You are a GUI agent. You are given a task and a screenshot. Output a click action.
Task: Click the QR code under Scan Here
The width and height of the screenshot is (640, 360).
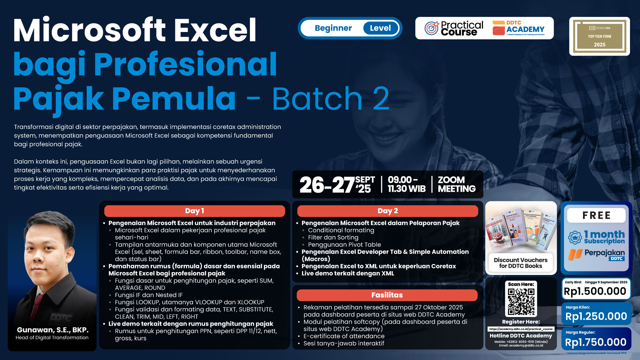[521, 302]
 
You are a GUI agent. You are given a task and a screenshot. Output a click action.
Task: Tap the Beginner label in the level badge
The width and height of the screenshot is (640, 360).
[333, 28]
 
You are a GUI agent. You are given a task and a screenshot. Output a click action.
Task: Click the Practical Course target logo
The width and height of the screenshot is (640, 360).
[432, 28]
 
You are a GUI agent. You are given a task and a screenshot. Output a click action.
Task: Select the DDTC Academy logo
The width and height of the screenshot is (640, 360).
[518, 28]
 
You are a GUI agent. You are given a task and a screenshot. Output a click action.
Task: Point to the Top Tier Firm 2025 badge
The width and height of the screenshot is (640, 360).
[599, 36]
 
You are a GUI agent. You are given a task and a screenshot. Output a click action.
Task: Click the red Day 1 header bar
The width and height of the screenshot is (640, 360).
[194, 211]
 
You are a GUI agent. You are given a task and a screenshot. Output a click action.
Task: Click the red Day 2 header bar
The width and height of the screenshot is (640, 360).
[387, 211]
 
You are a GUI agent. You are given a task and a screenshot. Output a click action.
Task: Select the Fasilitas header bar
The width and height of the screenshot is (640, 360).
[387, 295]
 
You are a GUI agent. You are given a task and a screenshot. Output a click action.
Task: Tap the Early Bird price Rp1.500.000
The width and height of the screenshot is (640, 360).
[595, 291]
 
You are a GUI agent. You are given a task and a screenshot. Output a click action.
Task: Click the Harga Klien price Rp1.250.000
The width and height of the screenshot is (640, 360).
[596, 316]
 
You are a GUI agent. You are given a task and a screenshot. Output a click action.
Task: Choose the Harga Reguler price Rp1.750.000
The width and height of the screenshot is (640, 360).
[595, 342]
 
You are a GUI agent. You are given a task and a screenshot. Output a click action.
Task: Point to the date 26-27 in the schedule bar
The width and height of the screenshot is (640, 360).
[327, 185]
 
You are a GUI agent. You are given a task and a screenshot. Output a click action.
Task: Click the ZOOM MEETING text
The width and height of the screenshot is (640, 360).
[456, 184]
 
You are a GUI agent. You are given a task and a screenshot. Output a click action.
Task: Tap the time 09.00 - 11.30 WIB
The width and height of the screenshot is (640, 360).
[406, 184]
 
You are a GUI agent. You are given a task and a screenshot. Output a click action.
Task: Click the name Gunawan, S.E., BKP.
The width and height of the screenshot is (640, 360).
[53, 330]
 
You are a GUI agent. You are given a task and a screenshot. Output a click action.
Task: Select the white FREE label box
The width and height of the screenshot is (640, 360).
[596, 215]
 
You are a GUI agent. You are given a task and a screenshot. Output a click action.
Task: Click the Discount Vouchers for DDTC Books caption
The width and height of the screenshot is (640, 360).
[520, 263]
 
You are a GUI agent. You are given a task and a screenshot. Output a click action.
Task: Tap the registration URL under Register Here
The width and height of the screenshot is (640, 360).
[521, 329]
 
